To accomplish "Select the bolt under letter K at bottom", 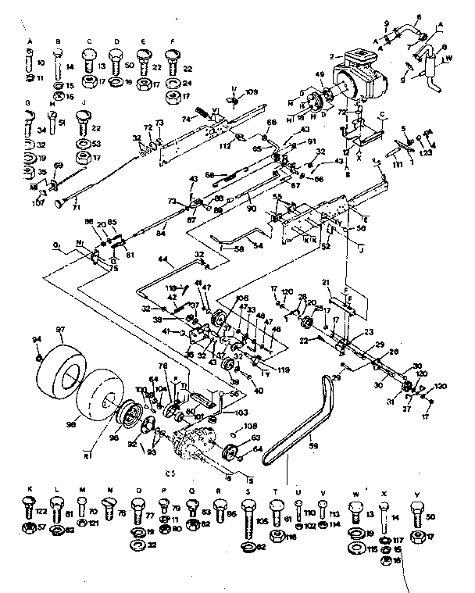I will (30, 512).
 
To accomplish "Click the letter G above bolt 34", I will (28, 104).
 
